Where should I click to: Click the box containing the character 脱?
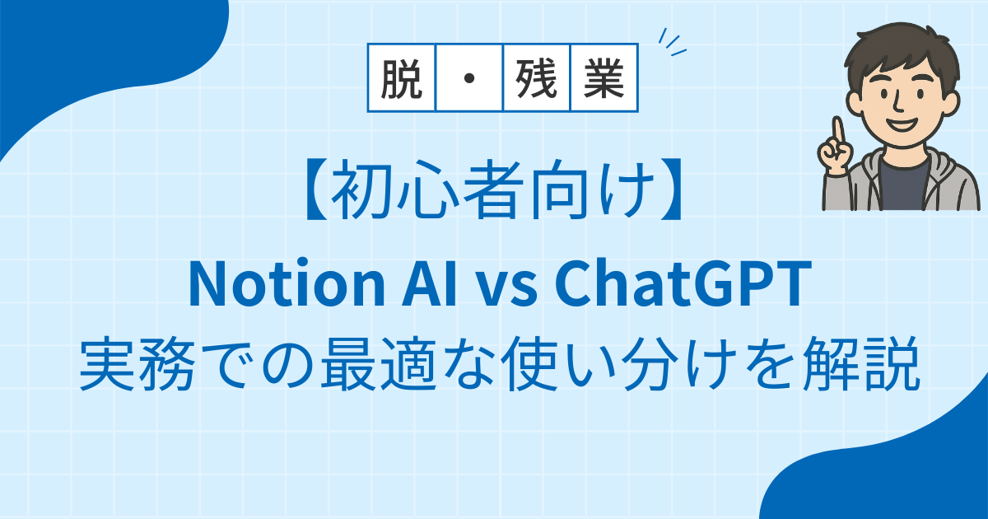402,77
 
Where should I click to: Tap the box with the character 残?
536,77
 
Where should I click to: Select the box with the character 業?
604,77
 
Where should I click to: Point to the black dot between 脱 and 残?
469,78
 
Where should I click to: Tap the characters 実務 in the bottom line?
137,364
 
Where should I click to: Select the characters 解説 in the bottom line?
861,364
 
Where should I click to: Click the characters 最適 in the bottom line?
379,364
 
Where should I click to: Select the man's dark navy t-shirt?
903,185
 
